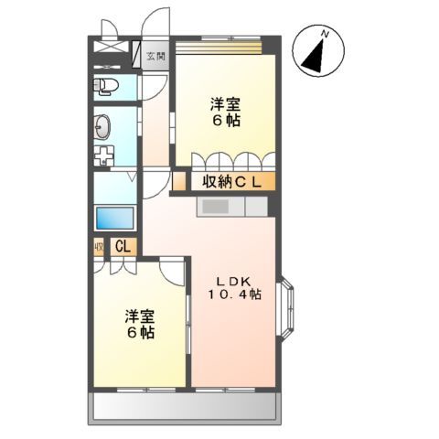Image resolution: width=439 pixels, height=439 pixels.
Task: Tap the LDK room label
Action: pyautogui.click(x=232, y=280)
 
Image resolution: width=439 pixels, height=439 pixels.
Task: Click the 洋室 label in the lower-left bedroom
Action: pyautogui.click(x=140, y=317)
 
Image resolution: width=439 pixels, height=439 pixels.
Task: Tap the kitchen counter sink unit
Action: pyautogui.click(x=231, y=208)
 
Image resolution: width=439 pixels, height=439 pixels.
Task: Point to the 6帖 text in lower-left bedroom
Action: pyautogui.click(x=140, y=333)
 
